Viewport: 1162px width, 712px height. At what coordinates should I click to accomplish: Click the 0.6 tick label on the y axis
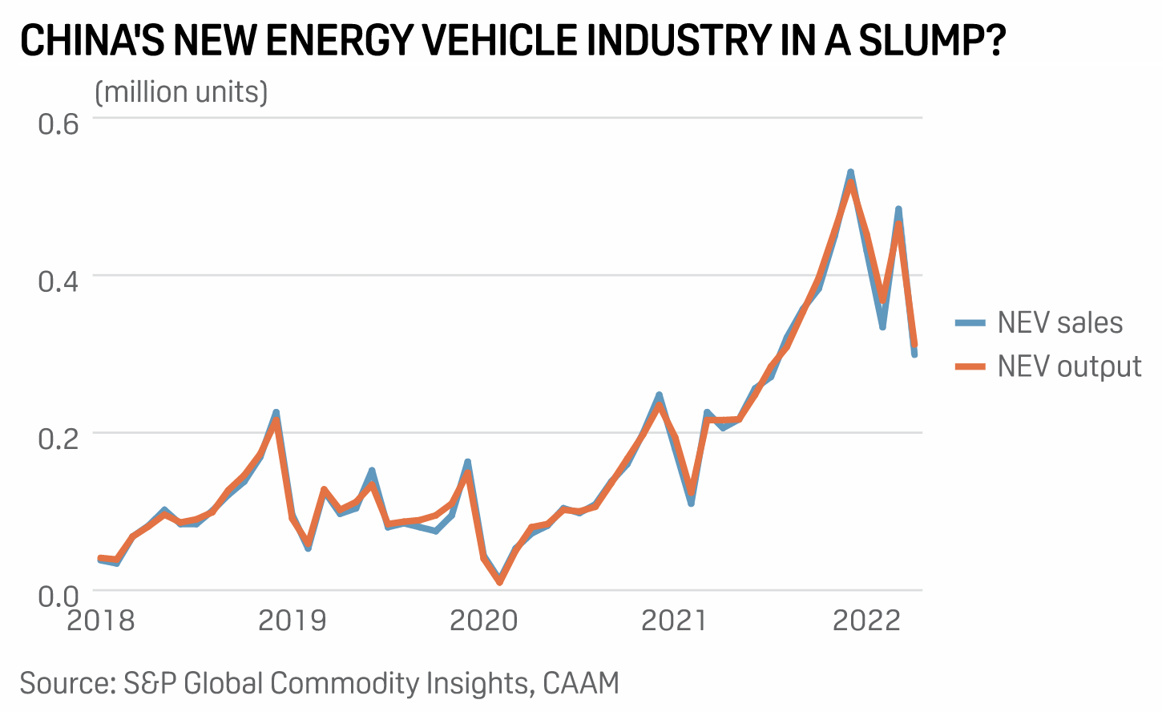coord(59,124)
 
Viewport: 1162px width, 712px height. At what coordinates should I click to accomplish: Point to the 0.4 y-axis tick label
coord(59,281)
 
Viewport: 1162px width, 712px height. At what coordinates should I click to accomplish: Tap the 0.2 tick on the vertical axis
coord(59,439)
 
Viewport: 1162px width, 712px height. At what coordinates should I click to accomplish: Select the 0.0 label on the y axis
coord(59,596)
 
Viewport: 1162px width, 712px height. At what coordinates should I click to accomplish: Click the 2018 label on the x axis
coord(101,621)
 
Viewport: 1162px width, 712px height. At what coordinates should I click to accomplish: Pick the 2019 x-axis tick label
coord(293,621)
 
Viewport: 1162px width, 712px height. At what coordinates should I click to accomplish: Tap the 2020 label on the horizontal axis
coord(484,621)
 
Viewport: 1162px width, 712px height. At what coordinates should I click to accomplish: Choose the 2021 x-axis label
coord(675,621)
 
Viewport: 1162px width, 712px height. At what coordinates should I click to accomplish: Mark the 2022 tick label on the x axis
coord(867,621)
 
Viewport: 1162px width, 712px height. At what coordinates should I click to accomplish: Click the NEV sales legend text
coord(1059,322)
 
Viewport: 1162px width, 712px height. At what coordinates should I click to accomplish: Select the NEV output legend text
coord(1069,366)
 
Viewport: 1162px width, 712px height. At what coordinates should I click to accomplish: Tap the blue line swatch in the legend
coord(970,323)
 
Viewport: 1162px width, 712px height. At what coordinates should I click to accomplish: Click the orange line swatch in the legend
coord(970,366)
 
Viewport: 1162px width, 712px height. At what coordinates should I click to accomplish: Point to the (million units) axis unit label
coord(181,92)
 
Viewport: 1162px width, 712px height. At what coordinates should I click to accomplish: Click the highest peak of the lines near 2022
coord(850,174)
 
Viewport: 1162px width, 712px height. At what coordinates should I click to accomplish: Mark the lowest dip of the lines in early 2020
coord(500,581)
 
